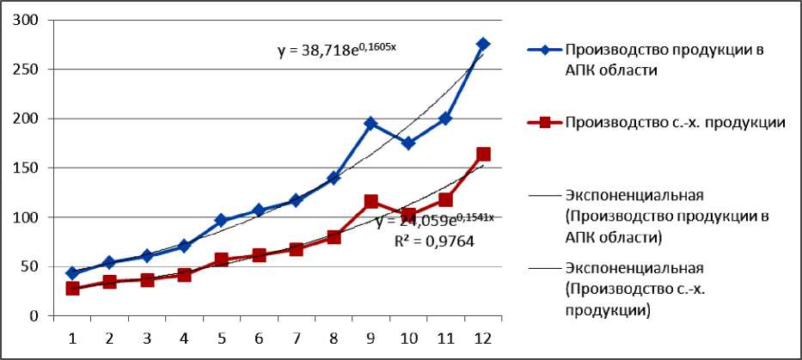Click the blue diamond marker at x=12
click(483, 44)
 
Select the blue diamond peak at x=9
click(371, 124)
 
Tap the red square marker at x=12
click(483, 155)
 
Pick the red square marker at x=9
click(371, 202)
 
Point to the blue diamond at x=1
click(72, 273)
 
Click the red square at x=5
click(221, 259)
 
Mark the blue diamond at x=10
click(408, 143)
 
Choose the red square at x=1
click(72, 289)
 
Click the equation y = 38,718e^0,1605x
click(336, 51)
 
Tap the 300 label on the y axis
click(28, 20)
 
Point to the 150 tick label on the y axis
click(28, 168)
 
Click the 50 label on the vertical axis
click(33, 266)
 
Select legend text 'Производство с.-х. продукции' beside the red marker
click(675, 122)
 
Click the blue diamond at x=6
click(259, 211)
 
